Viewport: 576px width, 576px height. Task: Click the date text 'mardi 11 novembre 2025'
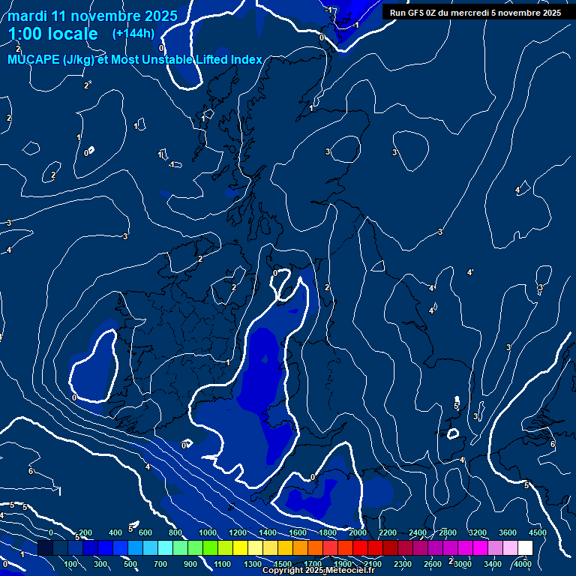[x=92, y=16]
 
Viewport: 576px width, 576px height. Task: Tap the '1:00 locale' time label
[x=53, y=34]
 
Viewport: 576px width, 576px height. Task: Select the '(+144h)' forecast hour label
[x=133, y=33]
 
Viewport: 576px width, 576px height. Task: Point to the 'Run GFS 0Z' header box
[x=475, y=12]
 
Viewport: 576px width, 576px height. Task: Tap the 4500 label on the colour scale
[x=538, y=532]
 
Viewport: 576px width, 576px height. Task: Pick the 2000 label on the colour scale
[x=358, y=532]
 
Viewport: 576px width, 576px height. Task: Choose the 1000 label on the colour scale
[x=208, y=532]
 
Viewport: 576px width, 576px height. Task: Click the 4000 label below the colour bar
[x=523, y=564]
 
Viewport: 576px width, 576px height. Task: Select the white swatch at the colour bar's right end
[x=525, y=548]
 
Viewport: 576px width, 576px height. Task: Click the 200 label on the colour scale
[x=85, y=532]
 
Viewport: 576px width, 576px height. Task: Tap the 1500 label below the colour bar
[x=283, y=564]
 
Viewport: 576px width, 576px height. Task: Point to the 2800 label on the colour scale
[x=448, y=532]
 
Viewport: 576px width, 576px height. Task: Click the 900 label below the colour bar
[x=190, y=564]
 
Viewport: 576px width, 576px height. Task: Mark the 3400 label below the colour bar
[x=493, y=564]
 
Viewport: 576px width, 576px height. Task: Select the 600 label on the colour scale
[x=145, y=532]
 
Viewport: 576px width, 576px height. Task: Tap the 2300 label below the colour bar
[x=403, y=564]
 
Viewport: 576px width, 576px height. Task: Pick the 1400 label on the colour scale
[x=268, y=532]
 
